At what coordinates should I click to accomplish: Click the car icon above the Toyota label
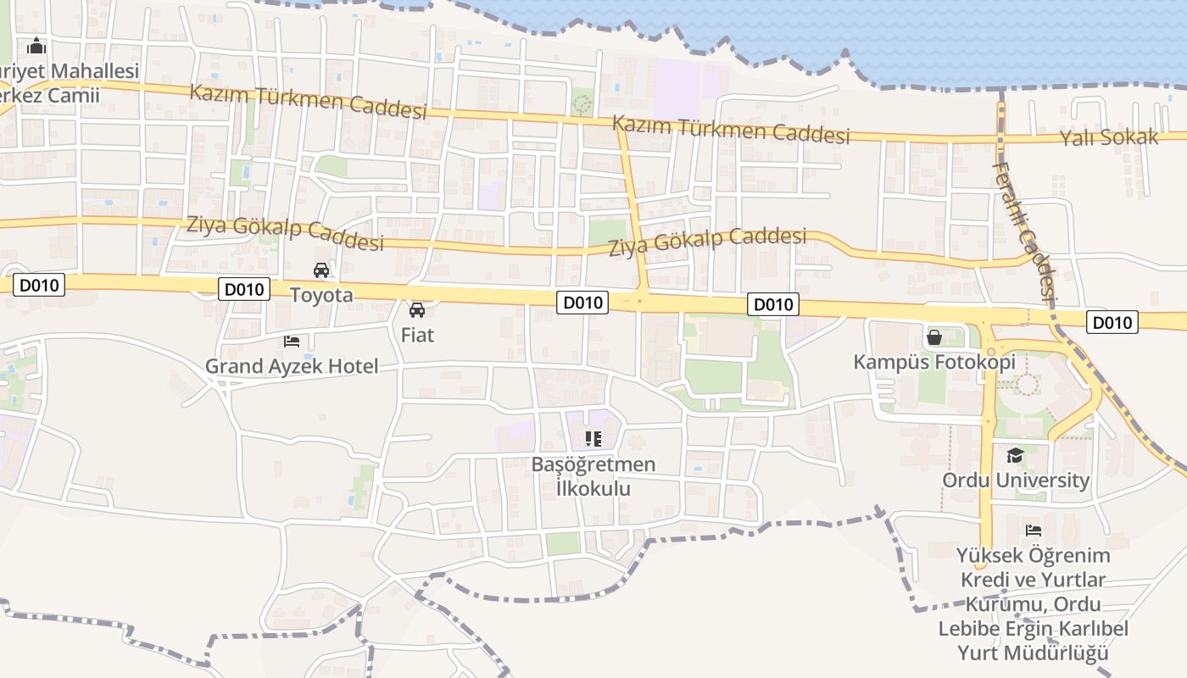(x=321, y=270)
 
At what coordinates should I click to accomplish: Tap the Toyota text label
(x=321, y=295)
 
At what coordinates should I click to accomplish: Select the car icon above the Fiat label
(x=417, y=310)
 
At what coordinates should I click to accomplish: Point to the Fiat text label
(x=417, y=335)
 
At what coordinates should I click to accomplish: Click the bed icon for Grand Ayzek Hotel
(x=292, y=341)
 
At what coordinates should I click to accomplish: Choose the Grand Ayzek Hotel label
(x=292, y=367)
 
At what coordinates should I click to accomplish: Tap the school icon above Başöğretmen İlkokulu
(x=593, y=439)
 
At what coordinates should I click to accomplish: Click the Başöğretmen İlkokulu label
(x=593, y=476)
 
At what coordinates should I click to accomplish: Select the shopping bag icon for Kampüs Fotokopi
(x=934, y=337)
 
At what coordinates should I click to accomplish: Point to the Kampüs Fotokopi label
(x=934, y=363)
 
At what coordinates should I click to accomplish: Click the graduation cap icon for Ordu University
(x=1016, y=456)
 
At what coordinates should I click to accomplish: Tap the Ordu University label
(x=1016, y=480)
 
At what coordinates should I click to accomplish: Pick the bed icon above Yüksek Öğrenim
(x=1033, y=531)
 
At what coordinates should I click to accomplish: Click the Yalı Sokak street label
(x=1108, y=137)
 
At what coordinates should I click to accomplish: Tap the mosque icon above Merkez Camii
(x=36, y=46)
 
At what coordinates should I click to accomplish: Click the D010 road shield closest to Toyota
(x=244, y=289)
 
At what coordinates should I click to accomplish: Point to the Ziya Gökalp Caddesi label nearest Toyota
(x=285, y=233)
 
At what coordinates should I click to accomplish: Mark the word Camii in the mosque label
(x=72, y=95)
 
